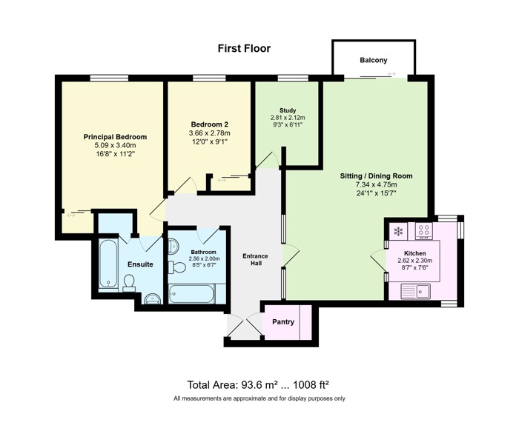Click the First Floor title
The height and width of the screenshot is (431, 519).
tap(244, 49)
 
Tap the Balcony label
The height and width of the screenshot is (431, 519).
tap(374, 60)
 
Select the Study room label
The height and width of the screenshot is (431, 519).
tap(288, 110)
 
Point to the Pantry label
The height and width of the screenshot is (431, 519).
tap(283, 322)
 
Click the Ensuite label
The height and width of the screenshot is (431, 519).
tap(140, 264)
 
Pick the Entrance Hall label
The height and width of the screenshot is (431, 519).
tap(255, 259)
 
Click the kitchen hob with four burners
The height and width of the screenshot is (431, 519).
tap(424, 230)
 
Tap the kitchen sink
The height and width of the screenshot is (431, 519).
tap(415, 291)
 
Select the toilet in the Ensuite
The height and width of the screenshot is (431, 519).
tap(129, 284)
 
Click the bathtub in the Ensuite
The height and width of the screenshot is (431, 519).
tap(108, 264)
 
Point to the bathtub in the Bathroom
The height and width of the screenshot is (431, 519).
tap(192, 294)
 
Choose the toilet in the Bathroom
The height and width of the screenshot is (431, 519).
tap(177, 267)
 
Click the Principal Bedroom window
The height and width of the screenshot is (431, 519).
tap(109, 78)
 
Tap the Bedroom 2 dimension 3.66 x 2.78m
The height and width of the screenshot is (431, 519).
tap(209, 133)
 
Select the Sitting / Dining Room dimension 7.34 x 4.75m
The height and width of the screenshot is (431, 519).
tap(377, 184)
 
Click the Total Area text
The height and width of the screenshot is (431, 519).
tap(258, 385)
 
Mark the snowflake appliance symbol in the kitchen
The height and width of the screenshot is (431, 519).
tap(398, 231)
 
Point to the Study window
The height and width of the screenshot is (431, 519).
tap(293, 78)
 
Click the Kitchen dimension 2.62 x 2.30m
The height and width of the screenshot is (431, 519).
tap(414, 261)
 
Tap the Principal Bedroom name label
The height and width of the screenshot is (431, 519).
tap(115, 137)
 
